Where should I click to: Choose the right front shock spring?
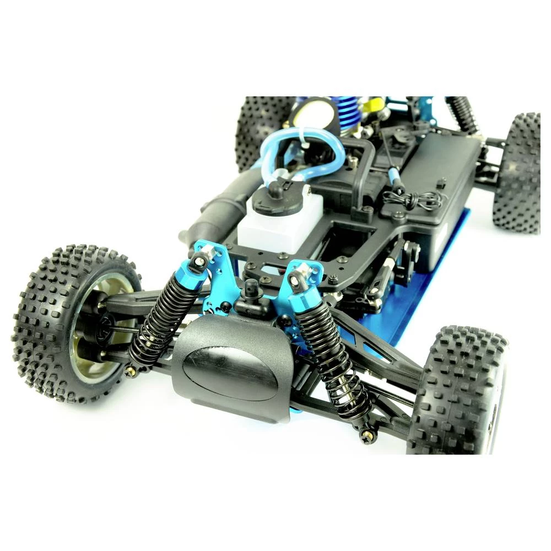point(333,358)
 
